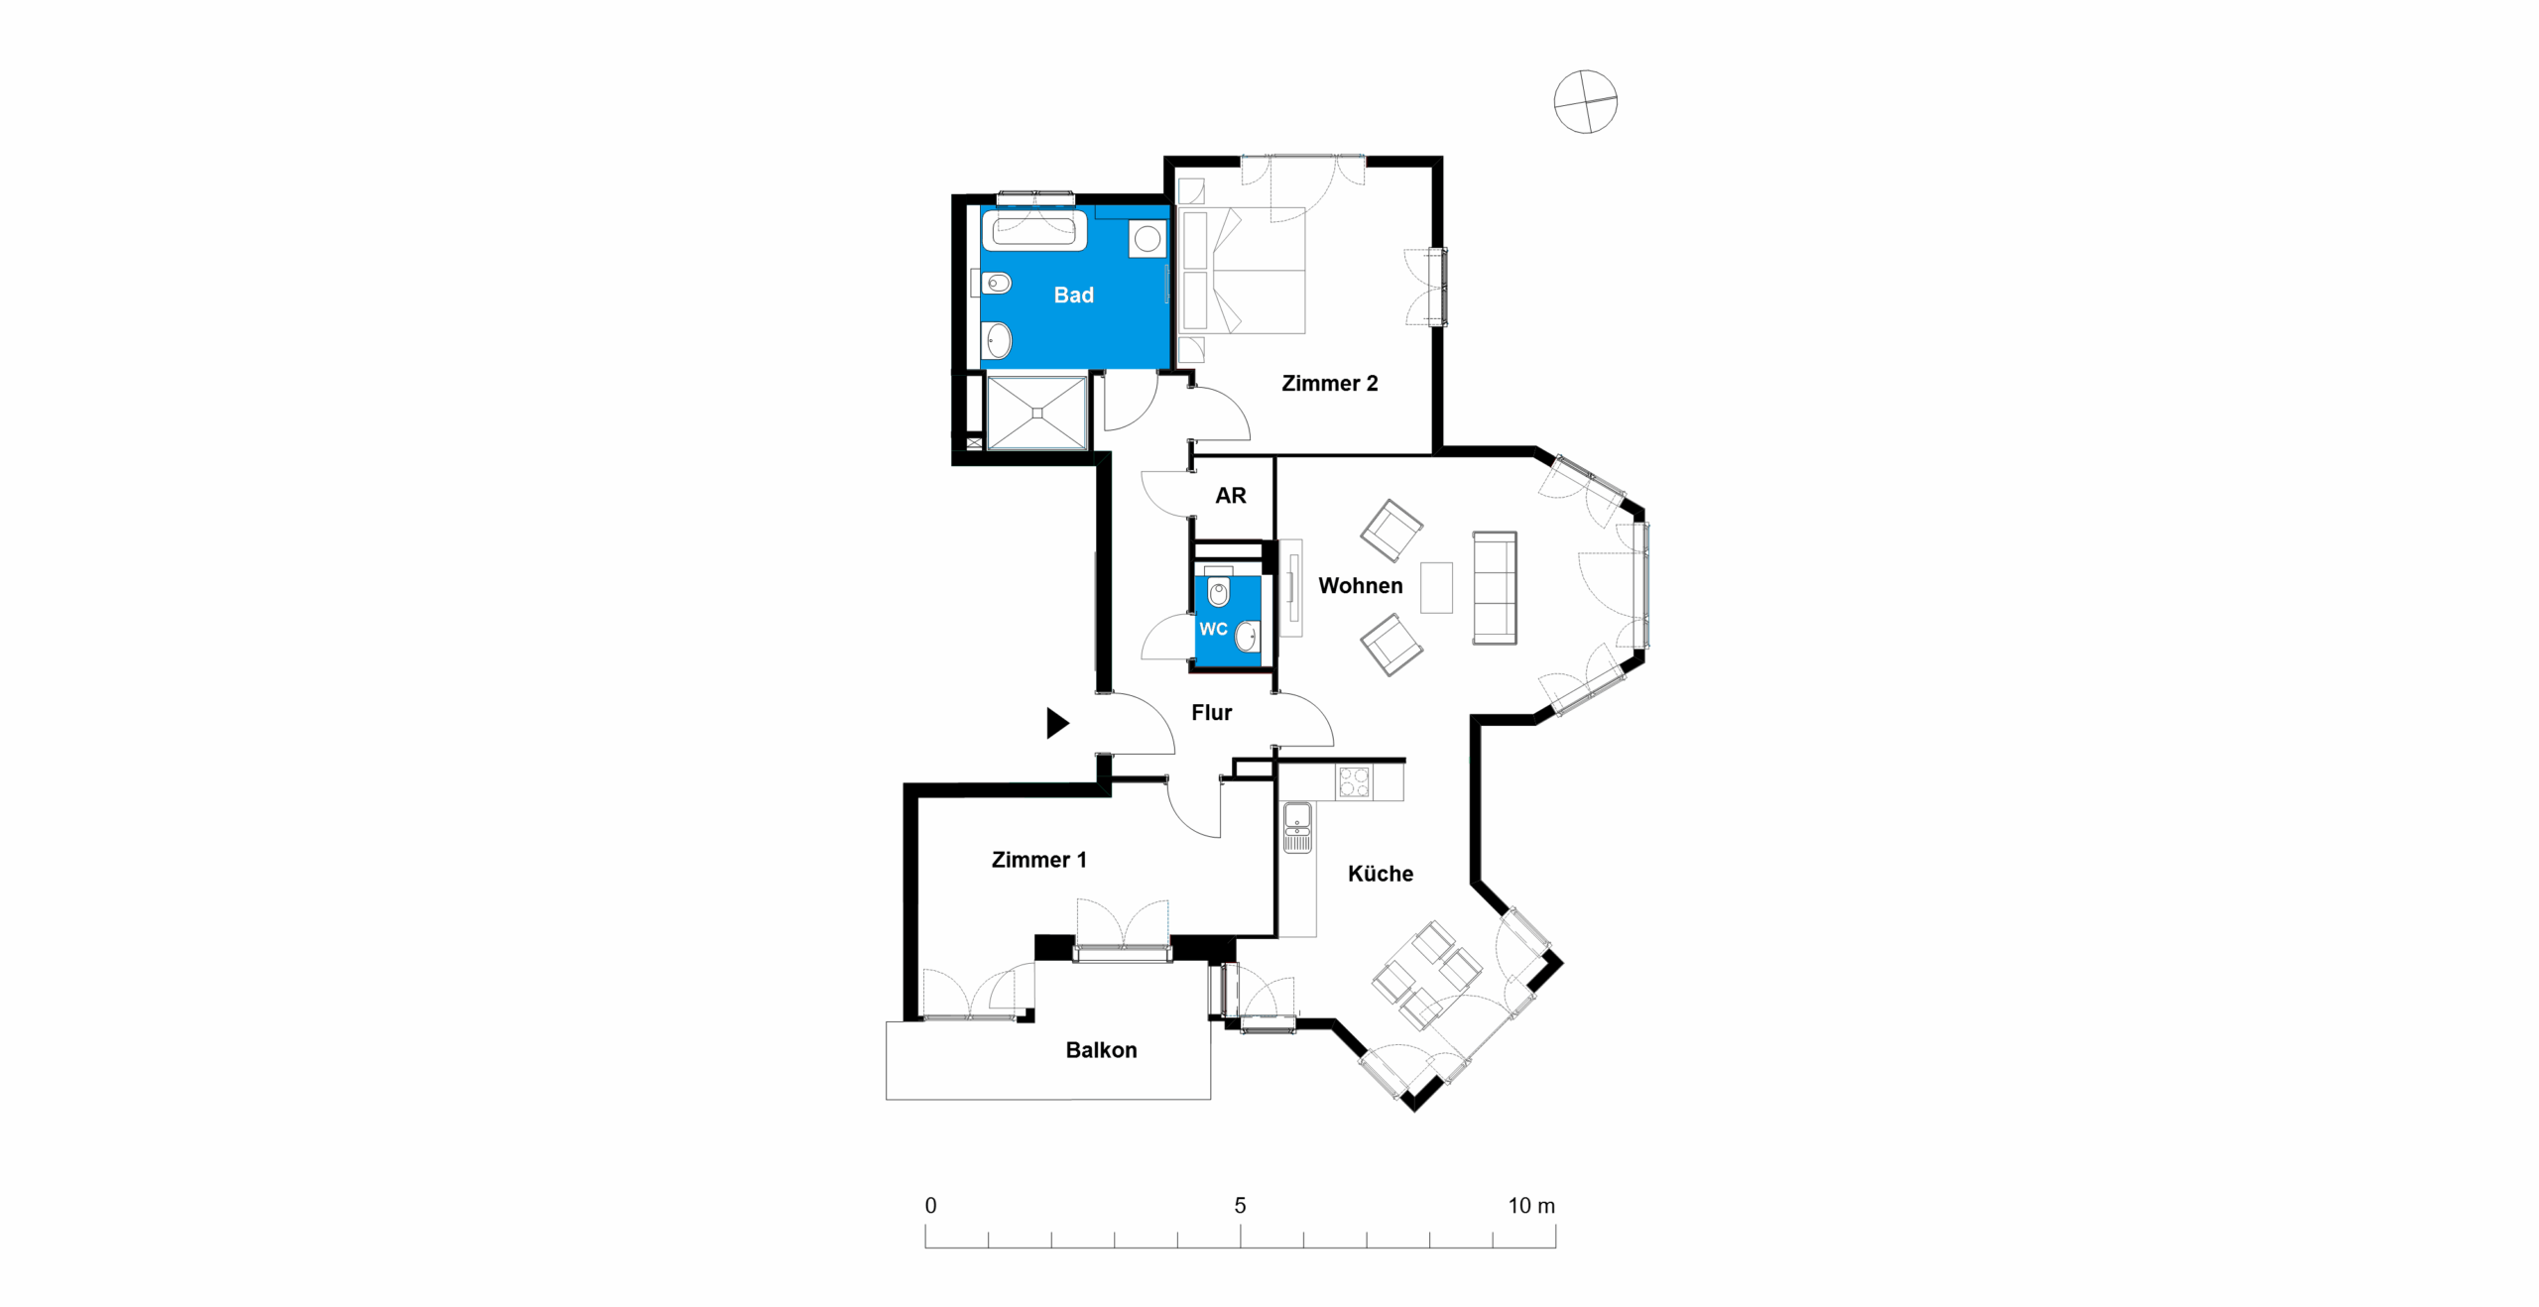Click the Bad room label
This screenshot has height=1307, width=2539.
1073,295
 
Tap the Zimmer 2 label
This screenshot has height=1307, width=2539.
1329,383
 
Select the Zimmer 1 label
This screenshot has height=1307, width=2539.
1038,859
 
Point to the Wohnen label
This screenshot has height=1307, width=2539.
1360,585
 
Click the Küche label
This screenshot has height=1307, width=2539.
1380,873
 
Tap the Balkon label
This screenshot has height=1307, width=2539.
1101,1049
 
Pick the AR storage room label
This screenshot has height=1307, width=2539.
1230,495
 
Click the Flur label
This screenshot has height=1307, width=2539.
1211,712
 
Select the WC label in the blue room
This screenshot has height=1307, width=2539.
1213,629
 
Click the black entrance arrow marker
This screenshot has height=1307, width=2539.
1057,722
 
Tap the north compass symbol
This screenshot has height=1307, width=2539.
1585,101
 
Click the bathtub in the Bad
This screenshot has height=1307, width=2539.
1033,230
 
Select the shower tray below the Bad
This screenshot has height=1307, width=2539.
1036,413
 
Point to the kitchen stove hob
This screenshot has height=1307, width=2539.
1354,781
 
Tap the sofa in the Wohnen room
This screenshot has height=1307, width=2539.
1495,587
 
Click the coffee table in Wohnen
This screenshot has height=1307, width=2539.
1436,587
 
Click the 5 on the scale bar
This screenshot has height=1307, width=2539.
1240,1205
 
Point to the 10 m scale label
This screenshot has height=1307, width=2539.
1531,1205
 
